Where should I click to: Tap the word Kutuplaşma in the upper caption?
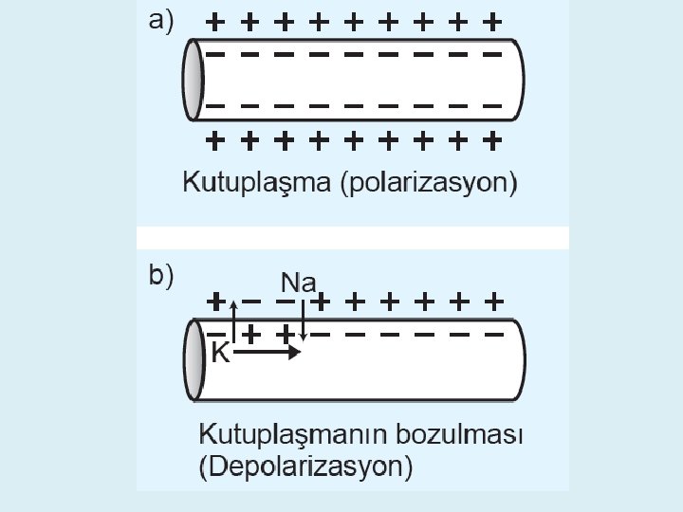tap(254, 181)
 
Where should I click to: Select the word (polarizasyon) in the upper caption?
tap(428, 182)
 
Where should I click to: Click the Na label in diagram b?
tap(303, 282)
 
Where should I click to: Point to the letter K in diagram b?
tap(220, 354)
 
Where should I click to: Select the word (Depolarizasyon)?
tap(305, 466)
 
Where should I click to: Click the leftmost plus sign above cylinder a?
tap(216, 21)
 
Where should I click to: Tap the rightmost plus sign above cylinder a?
tap(491, 21)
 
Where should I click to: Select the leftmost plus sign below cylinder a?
tap(216, 142)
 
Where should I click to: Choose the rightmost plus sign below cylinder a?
tap(491, 142)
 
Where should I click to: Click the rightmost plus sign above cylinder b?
tap(492, 302)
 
